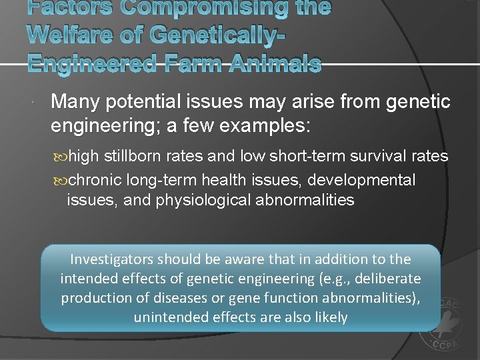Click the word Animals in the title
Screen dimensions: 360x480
[274, 64]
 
